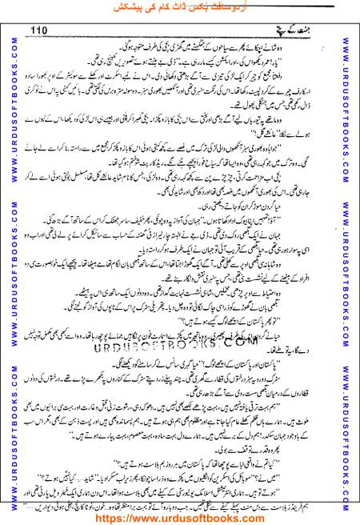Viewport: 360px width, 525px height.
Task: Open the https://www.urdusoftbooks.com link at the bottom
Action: point(179,518)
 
